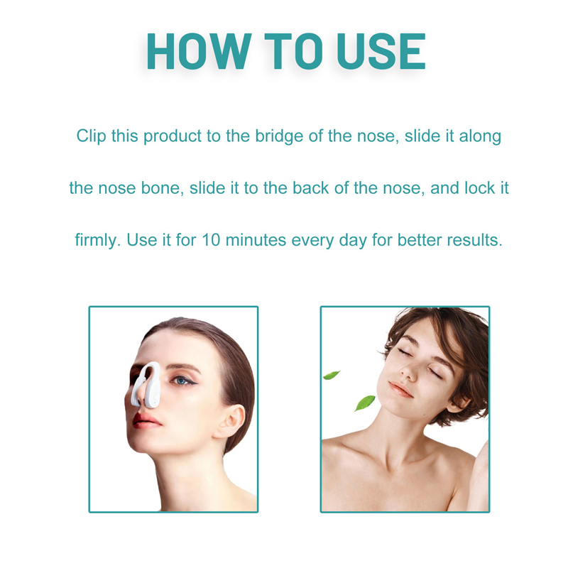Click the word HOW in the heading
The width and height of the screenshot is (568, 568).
coord(199,51)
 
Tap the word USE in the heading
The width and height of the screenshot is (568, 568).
coord(381,51)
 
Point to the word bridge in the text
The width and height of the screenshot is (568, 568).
coord(279,136)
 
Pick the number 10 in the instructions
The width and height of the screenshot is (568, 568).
coord(211,240)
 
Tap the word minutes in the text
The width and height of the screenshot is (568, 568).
coord(256,240)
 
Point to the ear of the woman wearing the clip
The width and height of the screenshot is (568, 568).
coord(229,420)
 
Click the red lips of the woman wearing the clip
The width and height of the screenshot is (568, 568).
coord(146,420)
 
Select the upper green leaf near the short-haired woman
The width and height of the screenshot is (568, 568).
coord(331,375)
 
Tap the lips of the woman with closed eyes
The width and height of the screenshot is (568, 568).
coord(400,390)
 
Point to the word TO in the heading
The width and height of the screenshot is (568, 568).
coord(293,51)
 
